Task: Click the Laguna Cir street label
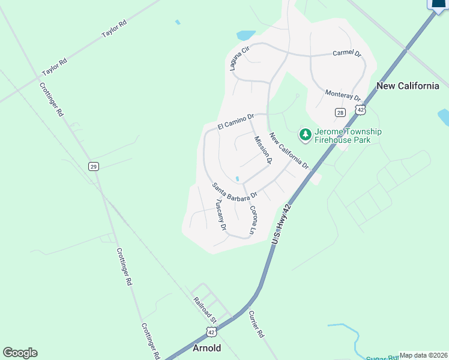click(x=237, y=58)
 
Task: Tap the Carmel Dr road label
click(x=347, y=54)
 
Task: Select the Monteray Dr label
click(x=342, y=95)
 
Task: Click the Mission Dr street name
click(x=263, y=150)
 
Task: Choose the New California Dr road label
click(x=288, y=150)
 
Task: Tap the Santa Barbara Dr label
click(x=235, y=191)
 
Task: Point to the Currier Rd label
click(x=256, y=325)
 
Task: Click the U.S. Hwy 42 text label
click(x=281, y=224)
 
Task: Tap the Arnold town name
click(x=206, y=348)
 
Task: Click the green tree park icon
click(x=305, y=135)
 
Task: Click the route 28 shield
click(x=340, y=113)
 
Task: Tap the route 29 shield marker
click(x=93, y=166)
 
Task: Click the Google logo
click(x=20, y=353)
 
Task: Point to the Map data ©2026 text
click(x=423, y=355)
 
